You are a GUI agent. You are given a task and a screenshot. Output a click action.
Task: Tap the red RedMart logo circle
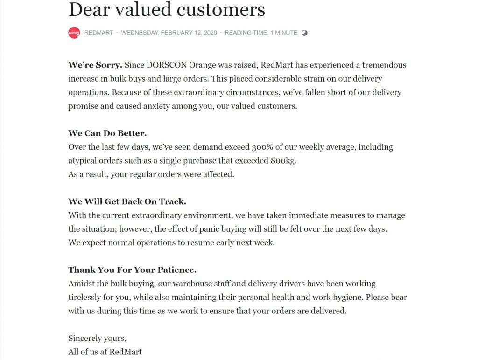pyautogui.click(x=74, y=33)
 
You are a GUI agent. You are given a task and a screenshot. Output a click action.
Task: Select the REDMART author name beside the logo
pyautogui.click(x=98, y=33)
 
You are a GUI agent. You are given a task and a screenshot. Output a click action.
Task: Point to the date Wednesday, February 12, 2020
pyautogui.click(x=169, y=33)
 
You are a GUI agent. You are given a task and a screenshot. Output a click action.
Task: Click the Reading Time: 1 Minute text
pyautogui.click(x=261, y=33)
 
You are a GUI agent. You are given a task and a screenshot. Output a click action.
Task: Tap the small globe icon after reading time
pyautogui.click(x=304, y=33)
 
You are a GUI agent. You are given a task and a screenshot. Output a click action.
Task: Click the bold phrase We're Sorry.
pyautogui.click(x=95, y=65)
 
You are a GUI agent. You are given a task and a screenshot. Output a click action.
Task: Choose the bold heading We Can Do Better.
pyautogui.click(x=107, y=133)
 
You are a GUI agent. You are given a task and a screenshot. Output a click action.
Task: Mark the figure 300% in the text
pyautogui.click(x=264, y=147)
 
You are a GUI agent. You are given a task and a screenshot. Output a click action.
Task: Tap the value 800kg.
pyautogui.click(x=283, y=161)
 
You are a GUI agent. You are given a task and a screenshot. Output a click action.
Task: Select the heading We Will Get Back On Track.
pyautogui.click(x=127, y=202)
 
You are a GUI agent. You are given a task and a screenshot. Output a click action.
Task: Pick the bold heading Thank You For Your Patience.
pyautogui.click(x=132, y=270)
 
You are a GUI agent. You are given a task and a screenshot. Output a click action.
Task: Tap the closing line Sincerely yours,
pyautogui.click(x=97, y=339)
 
